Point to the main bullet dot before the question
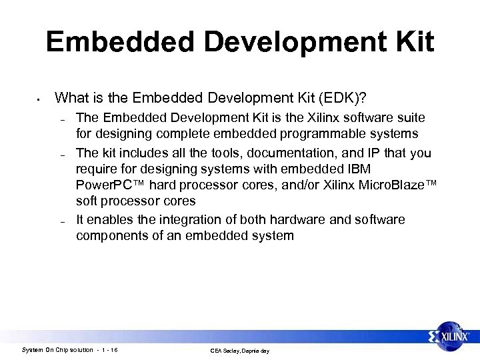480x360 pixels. pos(39,100)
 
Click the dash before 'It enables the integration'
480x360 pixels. pos(61,221)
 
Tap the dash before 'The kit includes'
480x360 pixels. pos(61,154)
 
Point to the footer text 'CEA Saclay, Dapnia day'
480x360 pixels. pos(239,351)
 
